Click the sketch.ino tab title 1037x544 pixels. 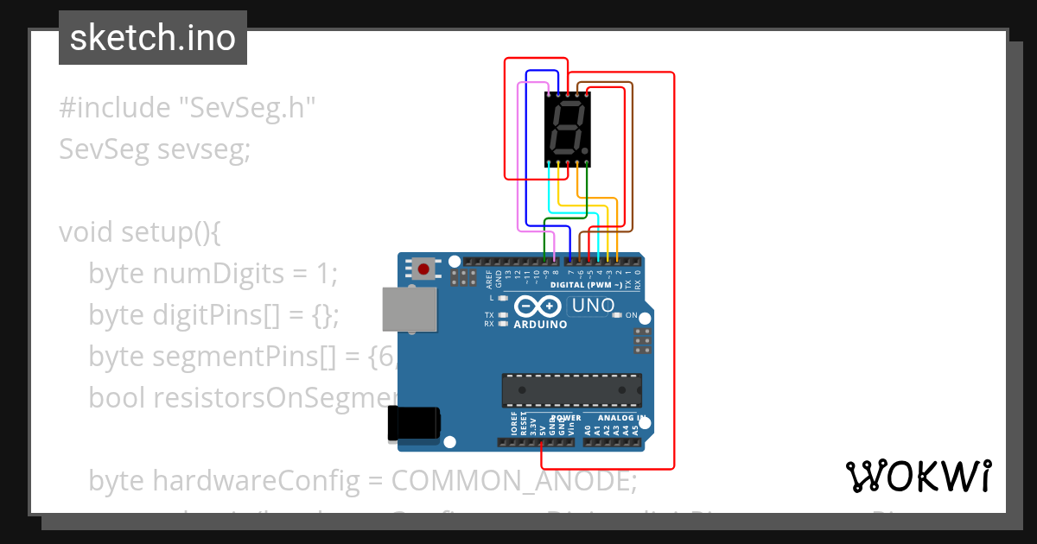point(153,38)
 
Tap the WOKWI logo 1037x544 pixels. point(918,476)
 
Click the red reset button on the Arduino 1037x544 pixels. point(423,269)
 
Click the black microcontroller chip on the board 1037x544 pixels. point(572,389)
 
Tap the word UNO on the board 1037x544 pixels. point(594,305)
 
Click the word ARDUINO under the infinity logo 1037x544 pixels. point(541,325)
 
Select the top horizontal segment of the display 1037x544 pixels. point(569,104)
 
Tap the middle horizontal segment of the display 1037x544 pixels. point(567,127)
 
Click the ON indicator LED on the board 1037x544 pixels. point(617,315)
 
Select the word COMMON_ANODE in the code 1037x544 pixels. point(513,479)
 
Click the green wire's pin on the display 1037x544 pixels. point(587,162)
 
